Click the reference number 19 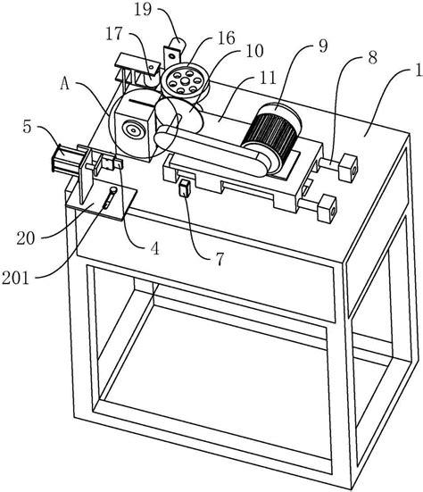pyautogui.click(x=143, y=10)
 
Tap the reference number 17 pyautogui.click(x=114, y=34)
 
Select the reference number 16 pyautogui.click(x=227, y=38)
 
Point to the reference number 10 pyautogui.click(x=254, y=51)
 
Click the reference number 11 pyautogui.click(x=267, y=77)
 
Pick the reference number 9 pyautogui.click(x=323, y=46)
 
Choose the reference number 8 pyautogui.click(x=372, y=58)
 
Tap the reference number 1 pyautogui.click(x=419, y=71)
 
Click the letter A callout pyautogui.click(x=64, y=84)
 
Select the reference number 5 pyautogui.click(x=28, y=127)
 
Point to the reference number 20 pyautogui.click(x=26, y=238)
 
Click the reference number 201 pyautogui.click(x=16, y=278)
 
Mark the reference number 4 pyautogui.click(x=155, y=248)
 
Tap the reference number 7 pyautogui.click(x=220, y=259)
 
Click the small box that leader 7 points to pyautogui.click(x=185, y=188)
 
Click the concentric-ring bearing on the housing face pyautogui.click(x=134, y=129)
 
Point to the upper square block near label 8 pyautogui.click(x=348, y=167)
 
